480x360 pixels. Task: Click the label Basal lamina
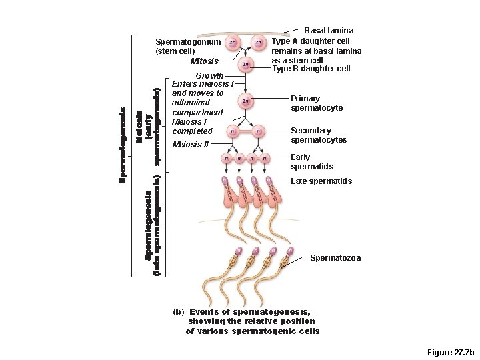point(329,31)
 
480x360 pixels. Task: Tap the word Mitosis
point(205,62)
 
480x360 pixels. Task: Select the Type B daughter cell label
point(311,69)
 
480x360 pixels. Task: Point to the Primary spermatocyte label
point(317,103)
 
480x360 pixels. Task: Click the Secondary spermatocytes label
point(319,135)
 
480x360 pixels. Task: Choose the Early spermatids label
point(312,162)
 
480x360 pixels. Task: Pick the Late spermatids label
point(321,181)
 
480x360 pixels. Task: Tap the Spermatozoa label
point(335,258)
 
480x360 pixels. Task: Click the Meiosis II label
point(191,145)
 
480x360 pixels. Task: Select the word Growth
point(209,76)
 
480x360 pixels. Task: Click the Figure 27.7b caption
point(450,351)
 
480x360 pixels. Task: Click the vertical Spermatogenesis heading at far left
point(123,145)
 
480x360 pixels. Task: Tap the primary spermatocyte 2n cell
point(246,101)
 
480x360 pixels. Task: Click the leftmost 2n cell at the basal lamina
point(231,42)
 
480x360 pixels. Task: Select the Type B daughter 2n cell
point(245,64)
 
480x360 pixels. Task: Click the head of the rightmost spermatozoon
point(289,252)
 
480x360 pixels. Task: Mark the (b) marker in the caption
point(177,311)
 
